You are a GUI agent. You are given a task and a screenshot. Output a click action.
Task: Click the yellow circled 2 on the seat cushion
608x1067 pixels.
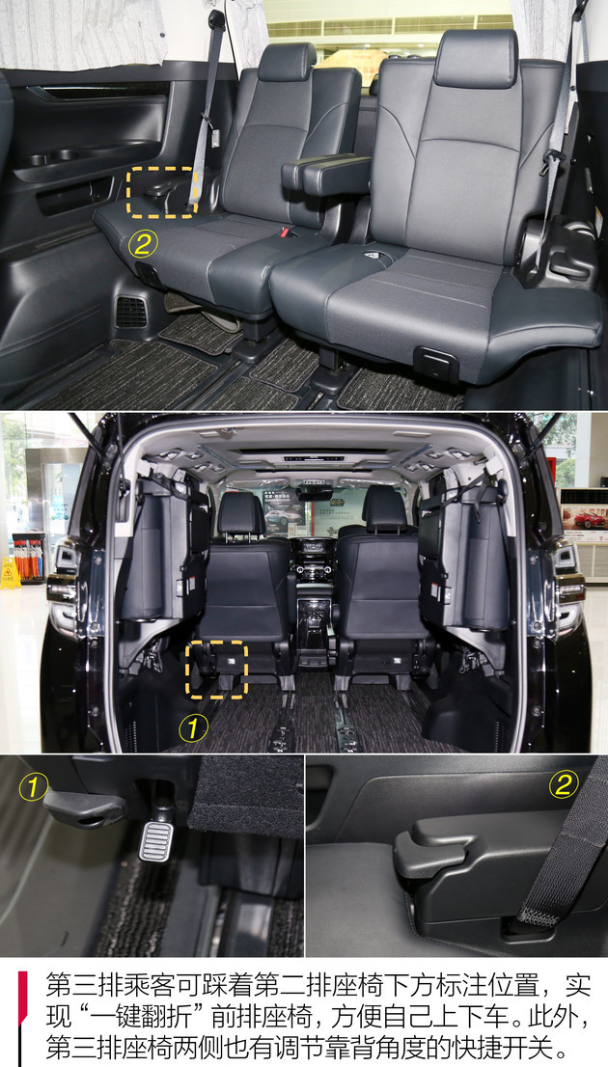(x=143, y=244)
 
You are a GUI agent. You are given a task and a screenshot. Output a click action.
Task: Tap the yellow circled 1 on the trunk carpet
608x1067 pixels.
(x=193, y=728)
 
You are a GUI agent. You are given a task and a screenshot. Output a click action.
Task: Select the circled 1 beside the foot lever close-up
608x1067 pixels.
(x=34, y=788)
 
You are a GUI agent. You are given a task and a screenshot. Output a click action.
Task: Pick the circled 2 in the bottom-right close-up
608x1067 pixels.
(x=564, y=784)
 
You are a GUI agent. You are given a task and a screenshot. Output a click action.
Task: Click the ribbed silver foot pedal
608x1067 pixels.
(x=156, y=841)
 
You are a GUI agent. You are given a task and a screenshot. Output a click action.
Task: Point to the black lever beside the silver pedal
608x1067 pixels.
(x=85, y=809)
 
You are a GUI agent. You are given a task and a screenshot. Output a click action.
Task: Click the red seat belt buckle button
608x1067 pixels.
(x=284, y=233)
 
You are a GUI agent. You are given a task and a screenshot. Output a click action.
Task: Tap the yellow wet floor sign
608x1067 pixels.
(x=10, y=573)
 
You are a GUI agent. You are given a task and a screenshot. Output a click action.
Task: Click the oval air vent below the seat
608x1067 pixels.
(x=130, y=313)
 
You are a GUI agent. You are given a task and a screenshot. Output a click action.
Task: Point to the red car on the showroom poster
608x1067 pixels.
(x=586, y=520)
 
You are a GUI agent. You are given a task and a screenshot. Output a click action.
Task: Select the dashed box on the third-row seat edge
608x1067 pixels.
(x=162, y=192)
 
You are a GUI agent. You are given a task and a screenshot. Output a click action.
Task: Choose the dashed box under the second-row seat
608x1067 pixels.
(x=216, y=669)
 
